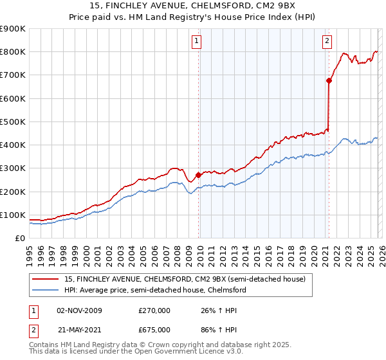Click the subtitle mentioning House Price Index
click(x=193, y=17)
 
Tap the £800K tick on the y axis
click(x=12, y=52)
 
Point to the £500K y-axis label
click(x=12, y=122)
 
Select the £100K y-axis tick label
click(x=12, y=215)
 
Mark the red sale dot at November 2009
click(x=198, y=175)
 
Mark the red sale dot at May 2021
click(x=329, y=81)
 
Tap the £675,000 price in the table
click(x=154, y=329)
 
